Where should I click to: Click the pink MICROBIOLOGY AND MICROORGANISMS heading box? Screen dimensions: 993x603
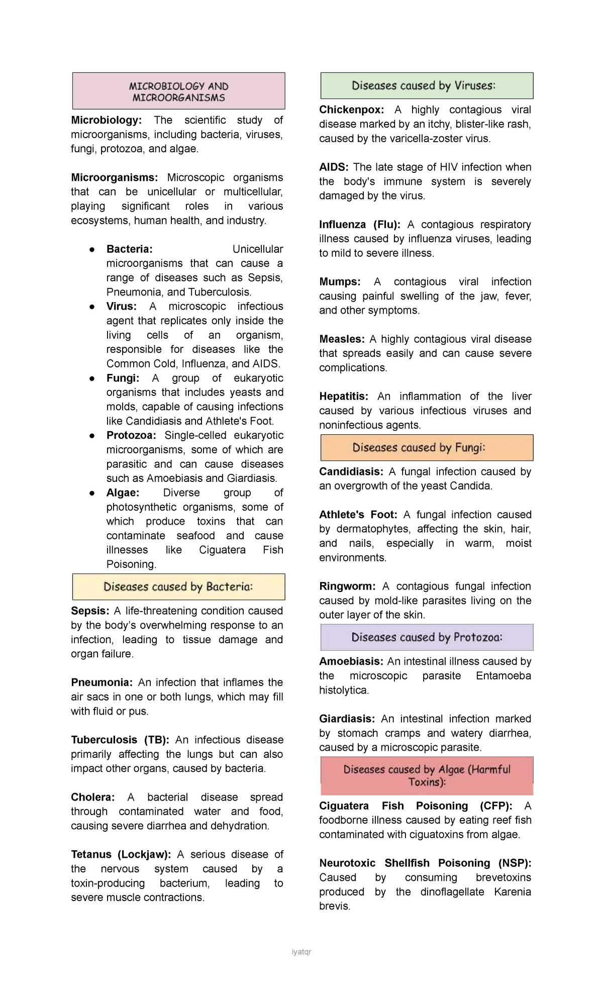[178, 91]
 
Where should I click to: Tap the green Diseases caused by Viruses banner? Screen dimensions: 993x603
[427, 86]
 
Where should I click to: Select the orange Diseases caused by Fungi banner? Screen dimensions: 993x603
[427, 448]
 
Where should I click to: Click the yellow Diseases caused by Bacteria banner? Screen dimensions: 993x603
[178, 587]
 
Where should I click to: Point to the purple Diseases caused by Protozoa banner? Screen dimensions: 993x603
[427, 638]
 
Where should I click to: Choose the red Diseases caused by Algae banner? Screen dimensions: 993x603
[427, 775]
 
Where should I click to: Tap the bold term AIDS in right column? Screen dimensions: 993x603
[333, 167]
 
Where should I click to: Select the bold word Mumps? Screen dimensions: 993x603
[340, 281]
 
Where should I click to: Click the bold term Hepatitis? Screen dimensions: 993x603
[344, 396]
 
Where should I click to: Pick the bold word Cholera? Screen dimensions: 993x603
[92, 797]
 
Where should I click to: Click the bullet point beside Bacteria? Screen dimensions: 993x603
[92, 249]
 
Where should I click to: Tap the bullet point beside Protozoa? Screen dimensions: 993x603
[92, 436]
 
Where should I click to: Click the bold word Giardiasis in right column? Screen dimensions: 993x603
[347, 719]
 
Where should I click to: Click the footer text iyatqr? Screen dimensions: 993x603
[301, 952]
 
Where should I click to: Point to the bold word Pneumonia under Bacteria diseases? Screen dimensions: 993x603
[102, 682]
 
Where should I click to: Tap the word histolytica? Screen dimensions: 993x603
[344, 690]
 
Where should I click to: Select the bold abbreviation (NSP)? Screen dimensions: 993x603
[515, 863]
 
